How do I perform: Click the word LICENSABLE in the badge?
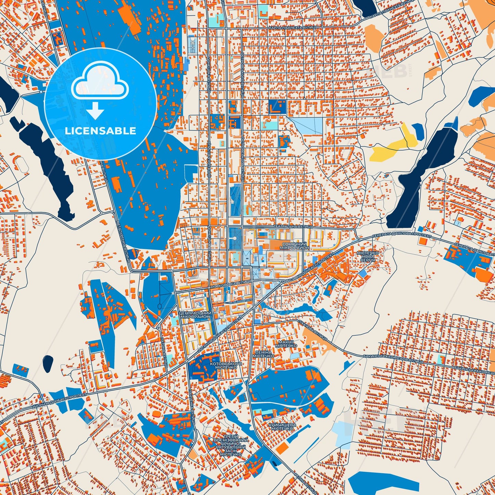[x=100, y=131]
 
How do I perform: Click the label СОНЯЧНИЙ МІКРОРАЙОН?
[x=294, y=245]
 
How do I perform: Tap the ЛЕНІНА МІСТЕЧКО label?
[x=263, y=354]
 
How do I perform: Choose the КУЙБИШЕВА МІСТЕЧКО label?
[x=282, y=427]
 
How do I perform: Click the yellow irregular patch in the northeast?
[x=394, y=146]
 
